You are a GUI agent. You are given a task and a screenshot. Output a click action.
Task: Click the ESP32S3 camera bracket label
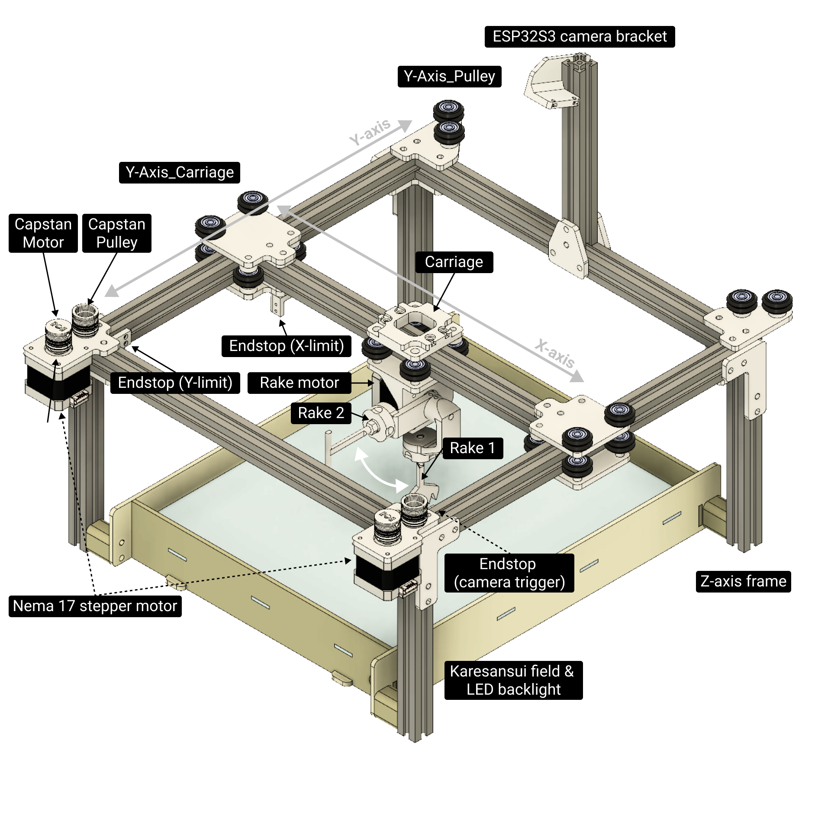click(x=580, y=36)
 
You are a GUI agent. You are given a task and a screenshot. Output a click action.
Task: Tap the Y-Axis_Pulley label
click(x=449, y=76)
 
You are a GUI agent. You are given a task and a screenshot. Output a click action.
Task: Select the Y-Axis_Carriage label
click(x=179, y=172)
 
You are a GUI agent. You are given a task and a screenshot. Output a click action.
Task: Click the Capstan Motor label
click(x=43, y=233)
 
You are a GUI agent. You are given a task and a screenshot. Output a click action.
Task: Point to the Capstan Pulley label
click(x=116, y=233)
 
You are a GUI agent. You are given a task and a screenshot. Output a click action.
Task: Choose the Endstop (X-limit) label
click(x=286, y=346)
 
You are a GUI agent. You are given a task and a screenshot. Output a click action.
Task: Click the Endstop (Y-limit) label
click(x=175, y=383)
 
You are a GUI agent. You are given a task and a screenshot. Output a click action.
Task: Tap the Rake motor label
click(x=299, y=383)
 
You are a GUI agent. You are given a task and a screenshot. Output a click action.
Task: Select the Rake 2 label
click(x=321, y=412)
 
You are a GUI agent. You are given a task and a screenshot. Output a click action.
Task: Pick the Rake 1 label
click(x=472, y=448)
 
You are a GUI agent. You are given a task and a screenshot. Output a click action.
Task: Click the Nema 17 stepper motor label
click(x=95, y=606)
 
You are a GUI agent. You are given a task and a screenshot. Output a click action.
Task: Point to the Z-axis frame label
click(x=743, y=581)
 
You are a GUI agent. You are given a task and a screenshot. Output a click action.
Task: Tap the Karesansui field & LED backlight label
click(x=513, y=680)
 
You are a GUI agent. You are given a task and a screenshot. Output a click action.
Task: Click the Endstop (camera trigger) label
click(x=509, y=573)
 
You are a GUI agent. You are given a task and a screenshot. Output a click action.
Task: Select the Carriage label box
click(x=454, y=262)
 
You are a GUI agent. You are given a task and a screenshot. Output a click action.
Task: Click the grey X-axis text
click(x=555, y=353)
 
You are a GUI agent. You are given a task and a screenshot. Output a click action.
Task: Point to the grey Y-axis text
click(x=370, y=132)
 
